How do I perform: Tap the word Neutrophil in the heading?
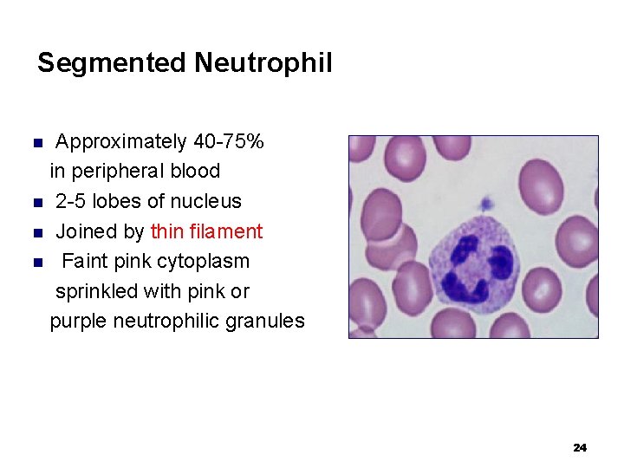(263, 63)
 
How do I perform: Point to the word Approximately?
(121, 141)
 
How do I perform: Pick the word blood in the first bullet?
(197, 171)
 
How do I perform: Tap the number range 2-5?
(72, 201)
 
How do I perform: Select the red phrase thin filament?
(206, 231)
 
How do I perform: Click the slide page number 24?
(580, 447)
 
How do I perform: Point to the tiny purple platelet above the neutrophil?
(486, 204)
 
